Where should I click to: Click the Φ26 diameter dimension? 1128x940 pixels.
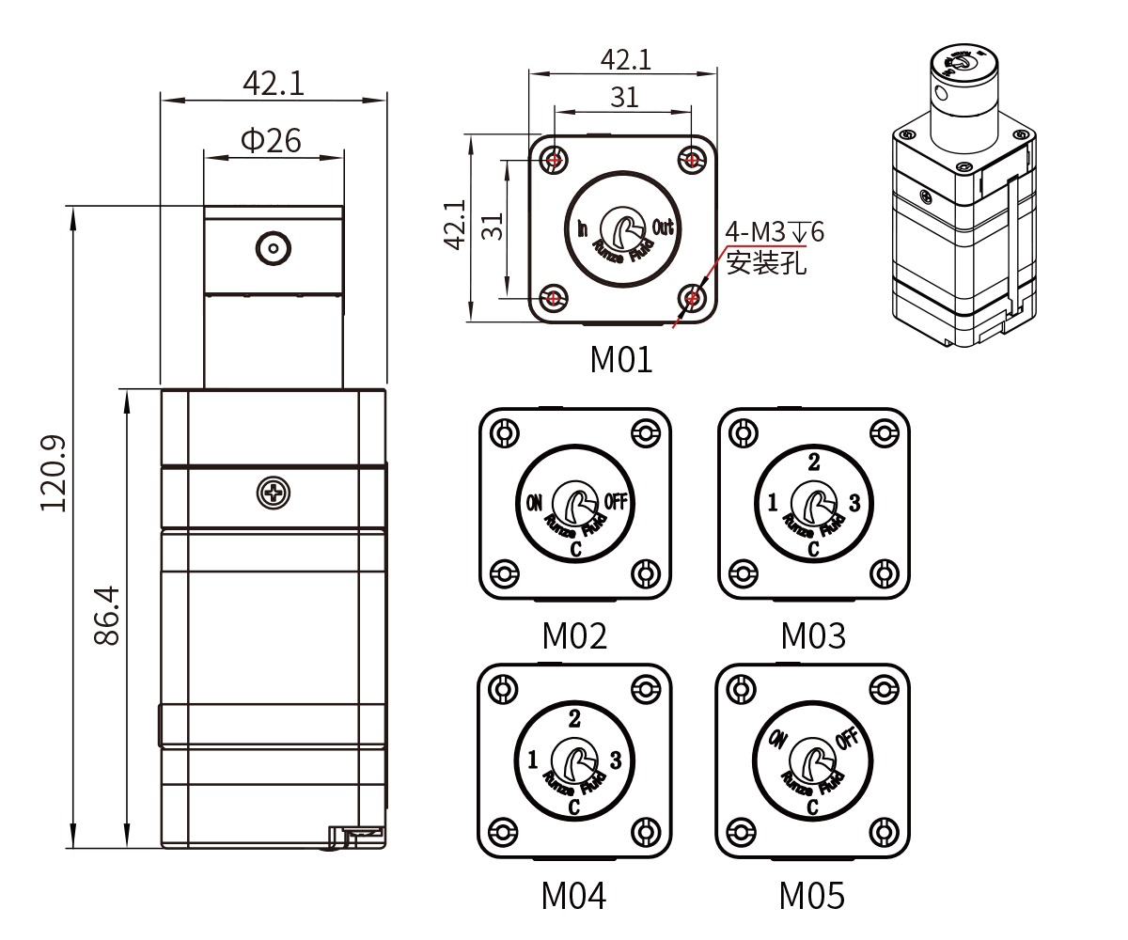[x=272, y=141]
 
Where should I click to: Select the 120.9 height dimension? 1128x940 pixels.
[x=54, y=473]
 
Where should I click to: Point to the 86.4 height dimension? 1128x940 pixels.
[x=107, y=615]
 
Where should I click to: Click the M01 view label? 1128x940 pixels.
[x=620, y=359]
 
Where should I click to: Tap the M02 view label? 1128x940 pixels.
[x=574, y=636]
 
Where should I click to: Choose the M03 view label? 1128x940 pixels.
[x=813, y=636]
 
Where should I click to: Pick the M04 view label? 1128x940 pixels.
[x=573, y=896]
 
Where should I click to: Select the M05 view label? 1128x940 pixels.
[x=811, y=896]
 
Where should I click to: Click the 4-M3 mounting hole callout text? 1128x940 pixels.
[x=774, y=231]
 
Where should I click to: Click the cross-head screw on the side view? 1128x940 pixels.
[x=273, y=492]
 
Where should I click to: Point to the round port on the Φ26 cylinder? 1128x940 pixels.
[x=273, y=248]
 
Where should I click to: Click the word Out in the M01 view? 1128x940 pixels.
[x=663, y=227]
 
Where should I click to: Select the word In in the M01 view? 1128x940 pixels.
[x=582, y=228]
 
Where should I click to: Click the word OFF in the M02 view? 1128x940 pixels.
[x=616, y=502]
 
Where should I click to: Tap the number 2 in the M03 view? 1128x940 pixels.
[x=814, y=462]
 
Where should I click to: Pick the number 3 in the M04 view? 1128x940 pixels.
[x=616, y=759]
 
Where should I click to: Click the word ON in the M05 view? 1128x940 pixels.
[x=777, y=740]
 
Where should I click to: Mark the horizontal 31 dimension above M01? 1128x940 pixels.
[x=624, y=97]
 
